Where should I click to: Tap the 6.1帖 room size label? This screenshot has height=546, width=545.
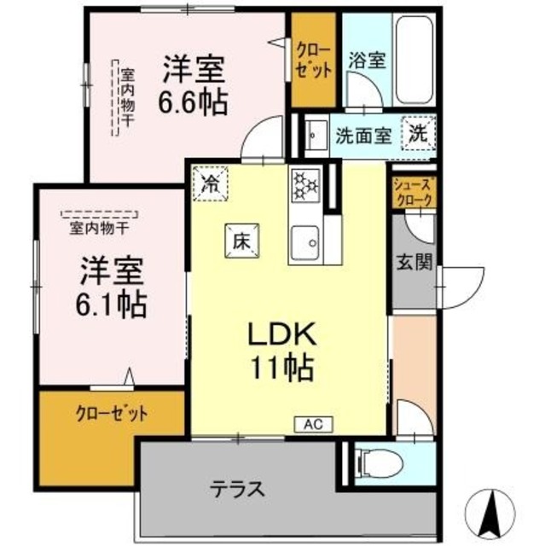coord(113,301)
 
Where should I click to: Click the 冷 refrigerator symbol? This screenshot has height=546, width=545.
coord(209,183)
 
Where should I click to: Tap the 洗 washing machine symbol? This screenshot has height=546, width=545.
coord(419,134)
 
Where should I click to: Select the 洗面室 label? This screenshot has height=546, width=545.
coord(362,135)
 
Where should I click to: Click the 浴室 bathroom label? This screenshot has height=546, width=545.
coord(367,61)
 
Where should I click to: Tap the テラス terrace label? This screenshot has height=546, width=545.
coord(238,490)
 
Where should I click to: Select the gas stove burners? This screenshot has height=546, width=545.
coord(304,185)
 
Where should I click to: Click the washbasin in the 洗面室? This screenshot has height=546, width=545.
coord(315,134)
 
